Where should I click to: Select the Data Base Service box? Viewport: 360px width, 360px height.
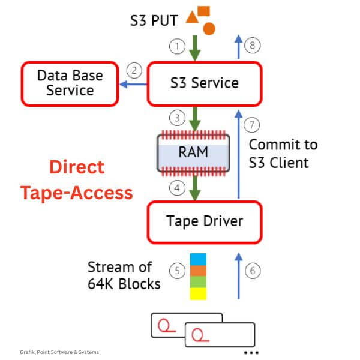click(x=70, y=83)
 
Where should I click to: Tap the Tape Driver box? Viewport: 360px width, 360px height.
click(x=205, y=221)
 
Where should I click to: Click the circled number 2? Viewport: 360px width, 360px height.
click(x=136, y=71)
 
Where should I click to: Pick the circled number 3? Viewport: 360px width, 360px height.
click(x=177, y=118)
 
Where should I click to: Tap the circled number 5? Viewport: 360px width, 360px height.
click(x=178, y=271)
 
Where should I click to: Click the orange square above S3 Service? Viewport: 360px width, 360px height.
click(x=204, y=11)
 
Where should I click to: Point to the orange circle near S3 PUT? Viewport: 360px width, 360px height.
click(x=209, y=28)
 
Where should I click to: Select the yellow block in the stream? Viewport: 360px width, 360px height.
click(x=198, y=293)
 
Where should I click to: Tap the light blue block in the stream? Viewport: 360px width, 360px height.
click(x=198, y=259)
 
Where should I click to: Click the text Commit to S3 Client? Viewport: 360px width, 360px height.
click(x=283, y=154)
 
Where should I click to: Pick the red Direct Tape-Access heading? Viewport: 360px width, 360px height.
click(x=76, y=179)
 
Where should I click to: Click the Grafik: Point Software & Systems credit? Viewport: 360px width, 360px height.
click(x=59, y=352)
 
